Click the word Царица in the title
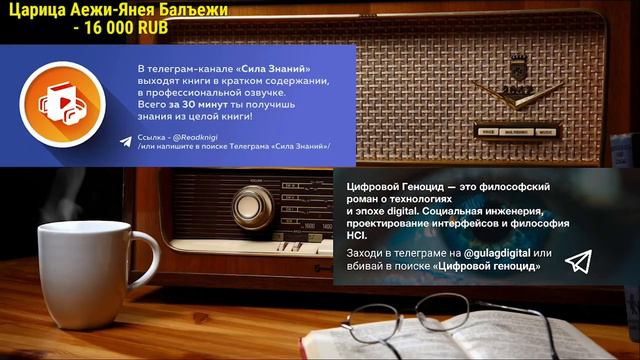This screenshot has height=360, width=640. (x=34, y=10)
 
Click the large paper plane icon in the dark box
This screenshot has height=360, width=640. (x=578, y=261)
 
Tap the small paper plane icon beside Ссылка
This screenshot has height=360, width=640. (x=124, y=141)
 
